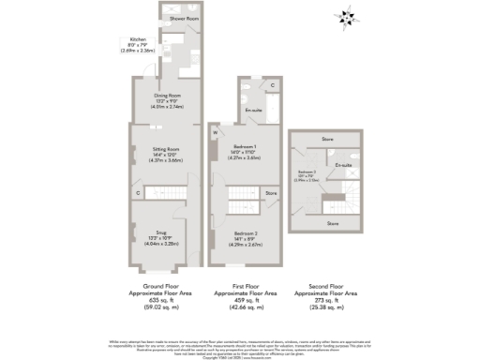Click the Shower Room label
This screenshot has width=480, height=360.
183,19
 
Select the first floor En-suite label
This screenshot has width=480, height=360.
253,111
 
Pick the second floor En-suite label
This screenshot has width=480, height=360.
344,165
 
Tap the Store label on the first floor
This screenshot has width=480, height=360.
271,193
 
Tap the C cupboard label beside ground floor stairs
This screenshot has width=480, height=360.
138,193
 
